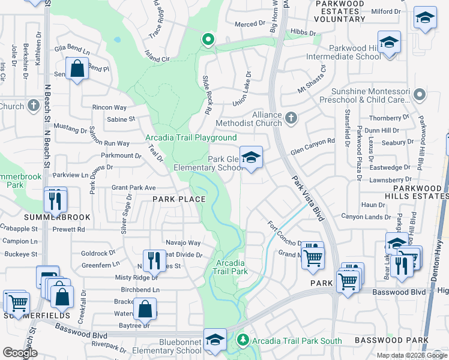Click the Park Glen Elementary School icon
pos(252,158)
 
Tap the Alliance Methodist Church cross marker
pos(291,117)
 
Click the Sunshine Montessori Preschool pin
pos(420,94)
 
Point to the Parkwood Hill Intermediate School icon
pos(389,44)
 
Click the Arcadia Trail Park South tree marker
pos(243,340)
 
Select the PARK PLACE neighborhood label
pos(178,199)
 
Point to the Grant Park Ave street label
pos(134,188)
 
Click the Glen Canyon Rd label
pos(313,144)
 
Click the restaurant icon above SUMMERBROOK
pos(55,199)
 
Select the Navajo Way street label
pos(183,242)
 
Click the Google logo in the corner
pos(20,353)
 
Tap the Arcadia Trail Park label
pos(231,267)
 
